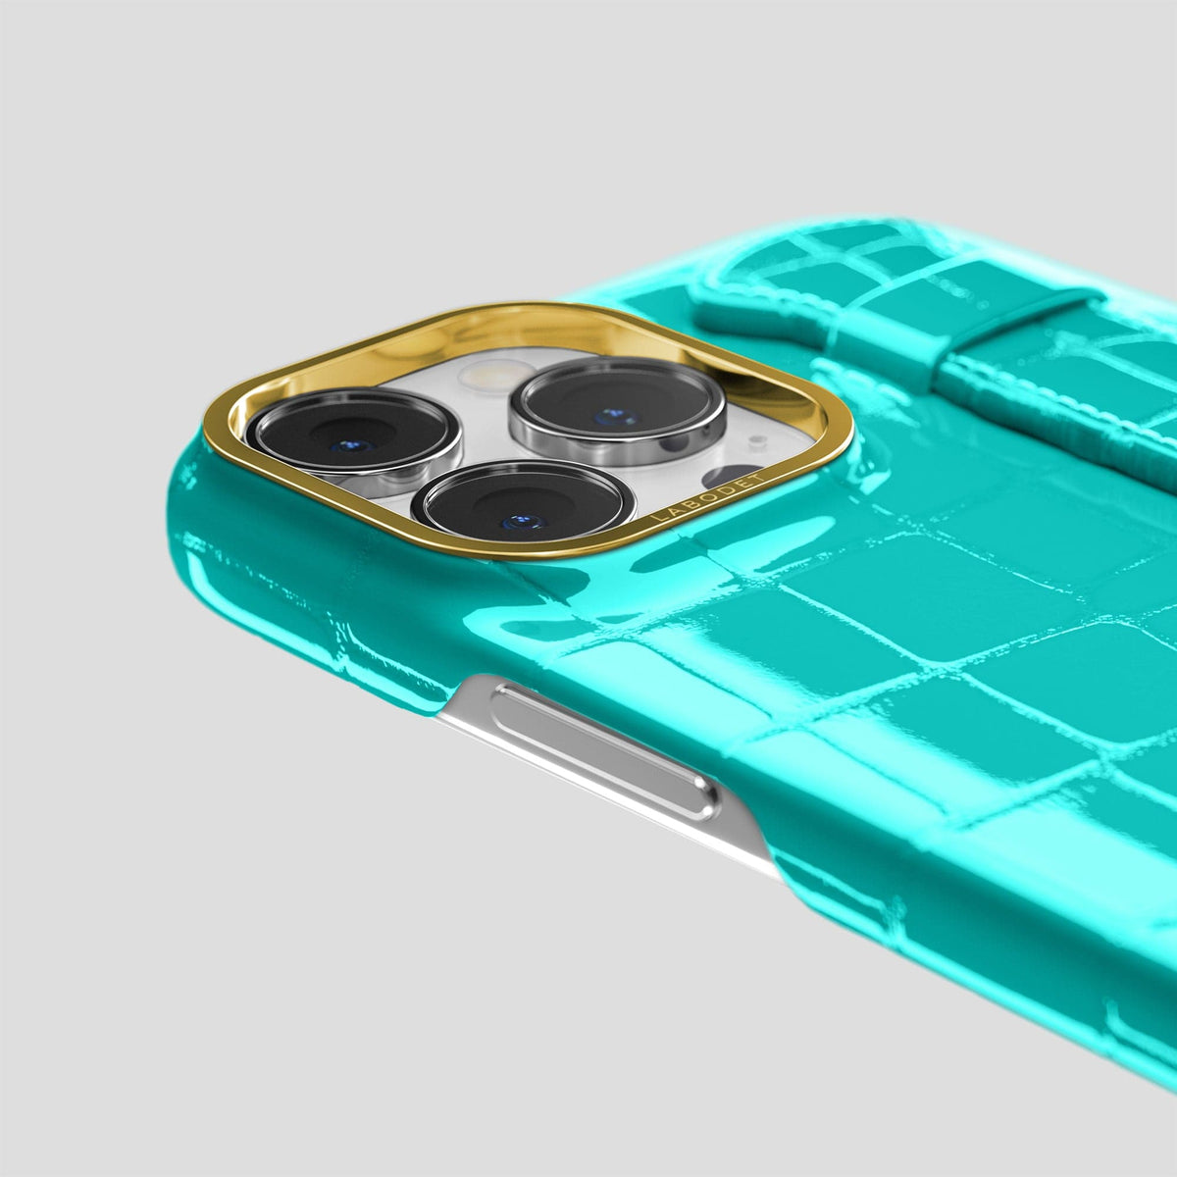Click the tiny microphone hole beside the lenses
click(x=757, y=439)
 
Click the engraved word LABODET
click(x=707, y=499)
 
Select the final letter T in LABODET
click(x=758, y=477)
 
